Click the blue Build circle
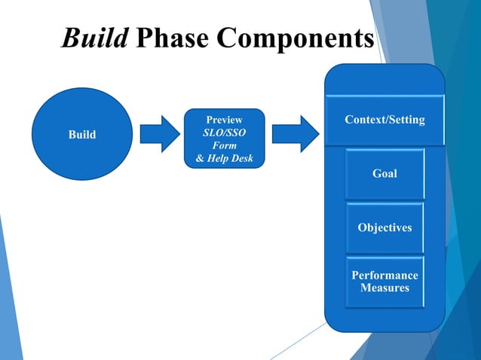(x=82, y=134)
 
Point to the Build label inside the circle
(x=82, y=135)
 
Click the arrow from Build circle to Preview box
(x=161, y=134)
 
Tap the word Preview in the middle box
(x=225, y=120)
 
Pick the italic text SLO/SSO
(x=225, y=133)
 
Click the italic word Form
(x=225, y=145)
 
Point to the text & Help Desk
(x=225, y=158)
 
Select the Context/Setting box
(x=384, y=120)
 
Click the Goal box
(x=384, y=174)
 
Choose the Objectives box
(x=384, y=227)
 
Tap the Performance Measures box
(x=384, y=282)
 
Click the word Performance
(x=384, y=276)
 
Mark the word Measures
(x=384, y=288)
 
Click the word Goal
(x=384, y=174)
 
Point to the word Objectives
(x=384, y=227)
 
